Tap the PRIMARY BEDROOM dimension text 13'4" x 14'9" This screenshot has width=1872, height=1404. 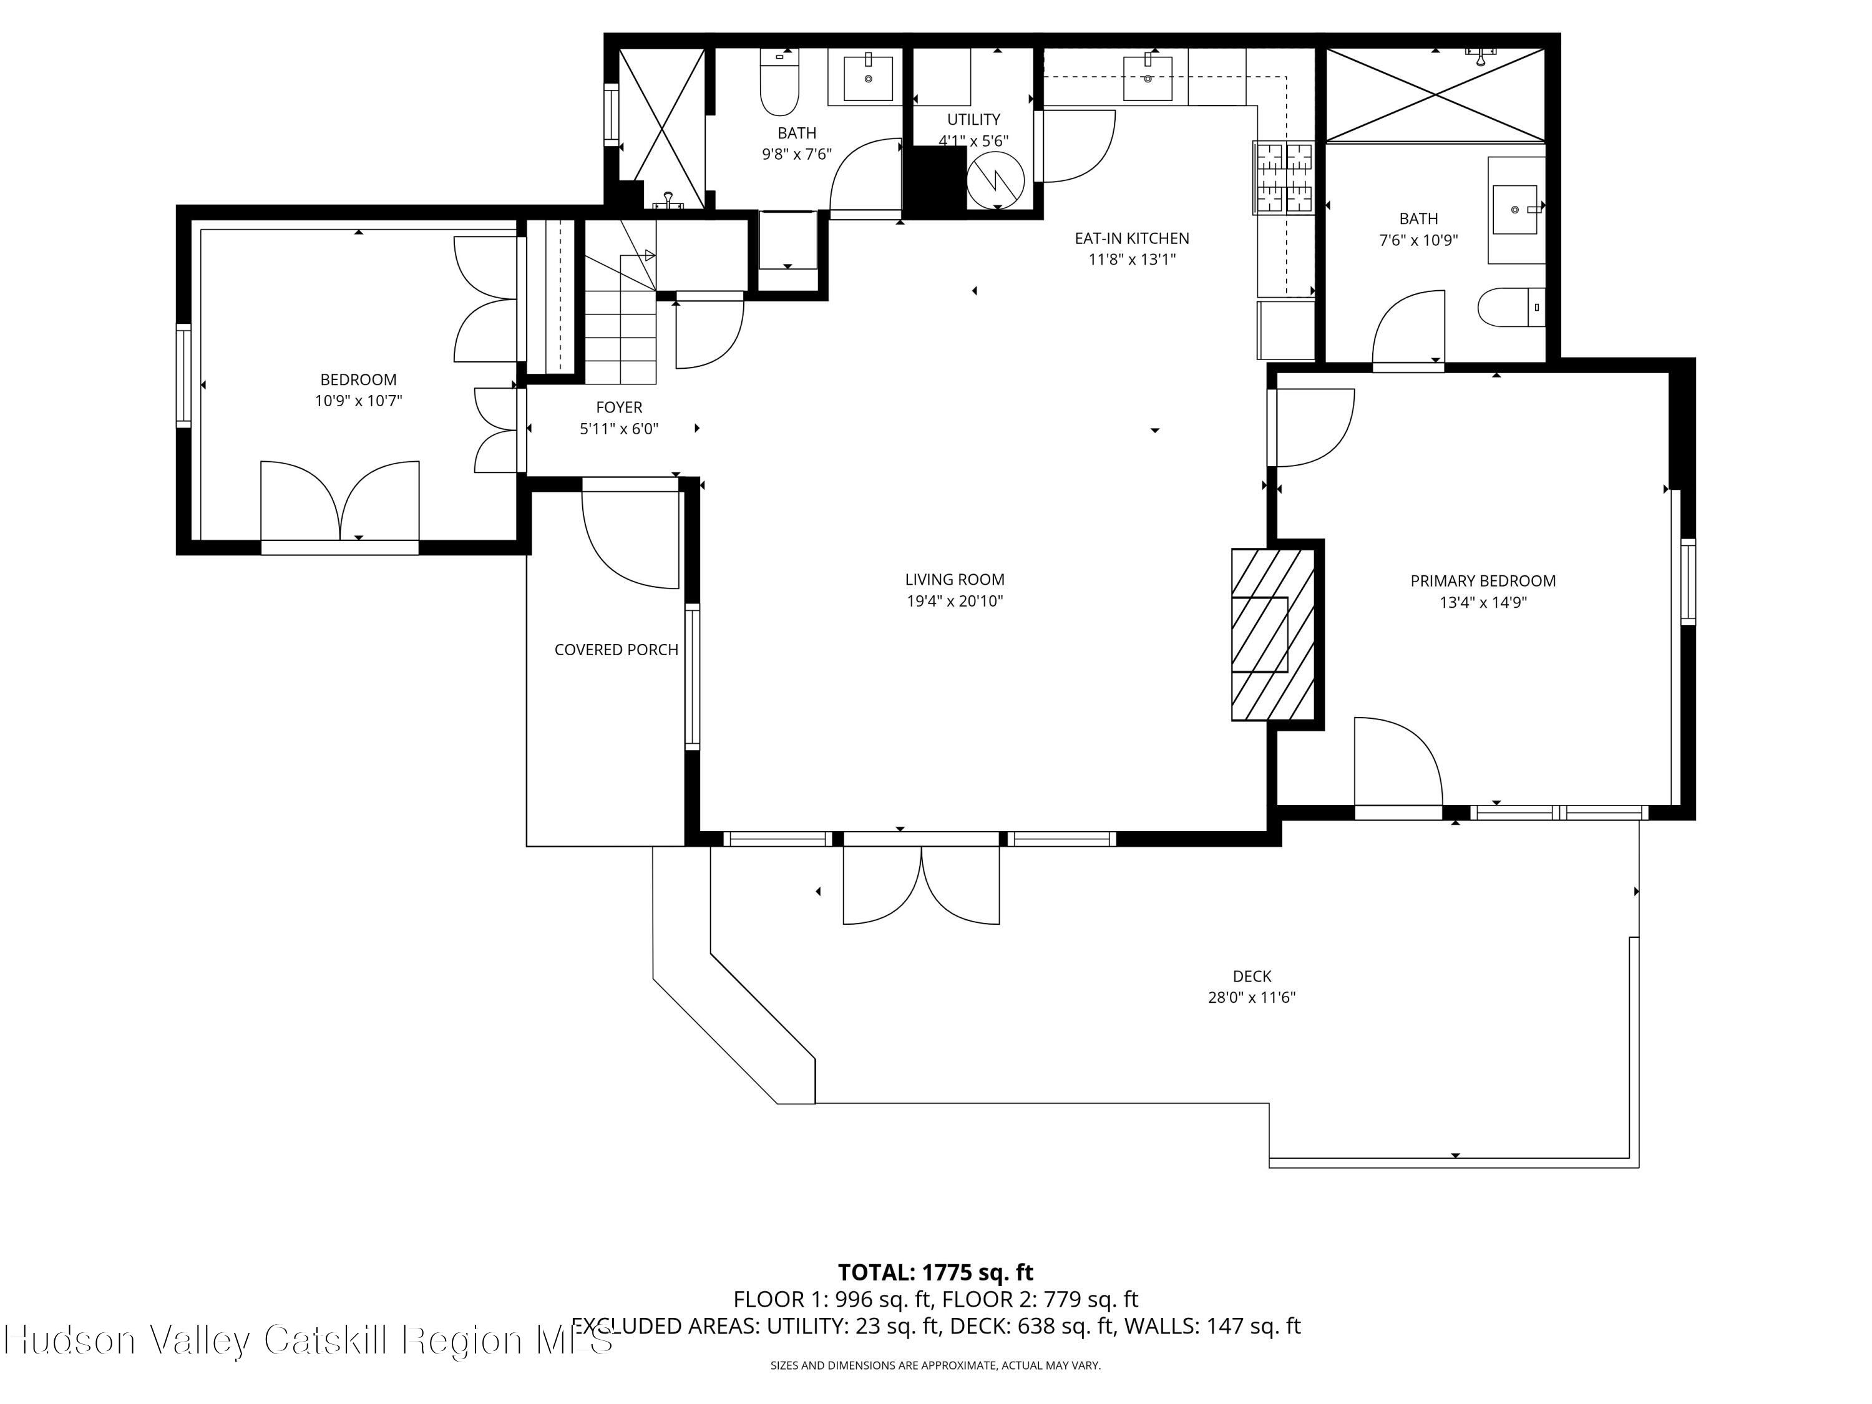click(1482, 603)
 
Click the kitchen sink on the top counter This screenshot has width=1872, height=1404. click(1148, 76)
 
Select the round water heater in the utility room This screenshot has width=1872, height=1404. click(995, 180)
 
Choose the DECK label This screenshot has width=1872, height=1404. click(1251, 976)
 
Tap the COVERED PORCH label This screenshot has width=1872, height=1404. click(616, 650)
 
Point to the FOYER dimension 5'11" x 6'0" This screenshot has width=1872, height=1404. click(618, 429)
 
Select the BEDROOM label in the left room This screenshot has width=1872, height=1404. click(358, 380)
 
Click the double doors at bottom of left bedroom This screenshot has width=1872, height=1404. click(339, 504)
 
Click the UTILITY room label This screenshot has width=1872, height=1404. click(973, 119)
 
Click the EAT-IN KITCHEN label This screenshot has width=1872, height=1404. click(1131, 238)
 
